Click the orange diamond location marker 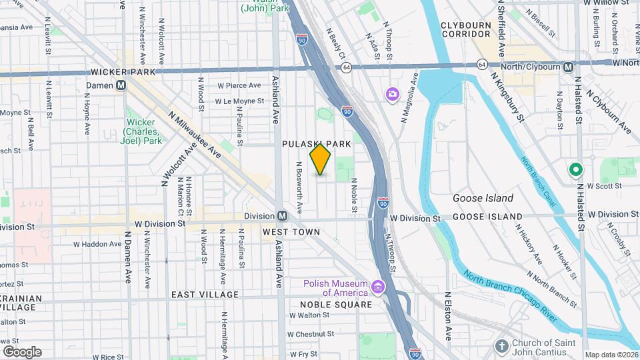pos(321,159)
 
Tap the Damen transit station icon pos(121,85)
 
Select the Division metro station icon pos(282,216)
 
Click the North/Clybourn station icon pos(568,67)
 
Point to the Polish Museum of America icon pos(378,287)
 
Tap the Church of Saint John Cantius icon pos(502,346)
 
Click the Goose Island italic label pos(483,198)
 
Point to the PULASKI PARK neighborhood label pos(316,143)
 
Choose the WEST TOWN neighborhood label pos(291,232)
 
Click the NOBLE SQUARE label pos(331,305)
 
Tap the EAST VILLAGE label pos(205,294)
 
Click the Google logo pos(21,351)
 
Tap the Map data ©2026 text pos(611,355)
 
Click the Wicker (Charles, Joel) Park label pos(142,131)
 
